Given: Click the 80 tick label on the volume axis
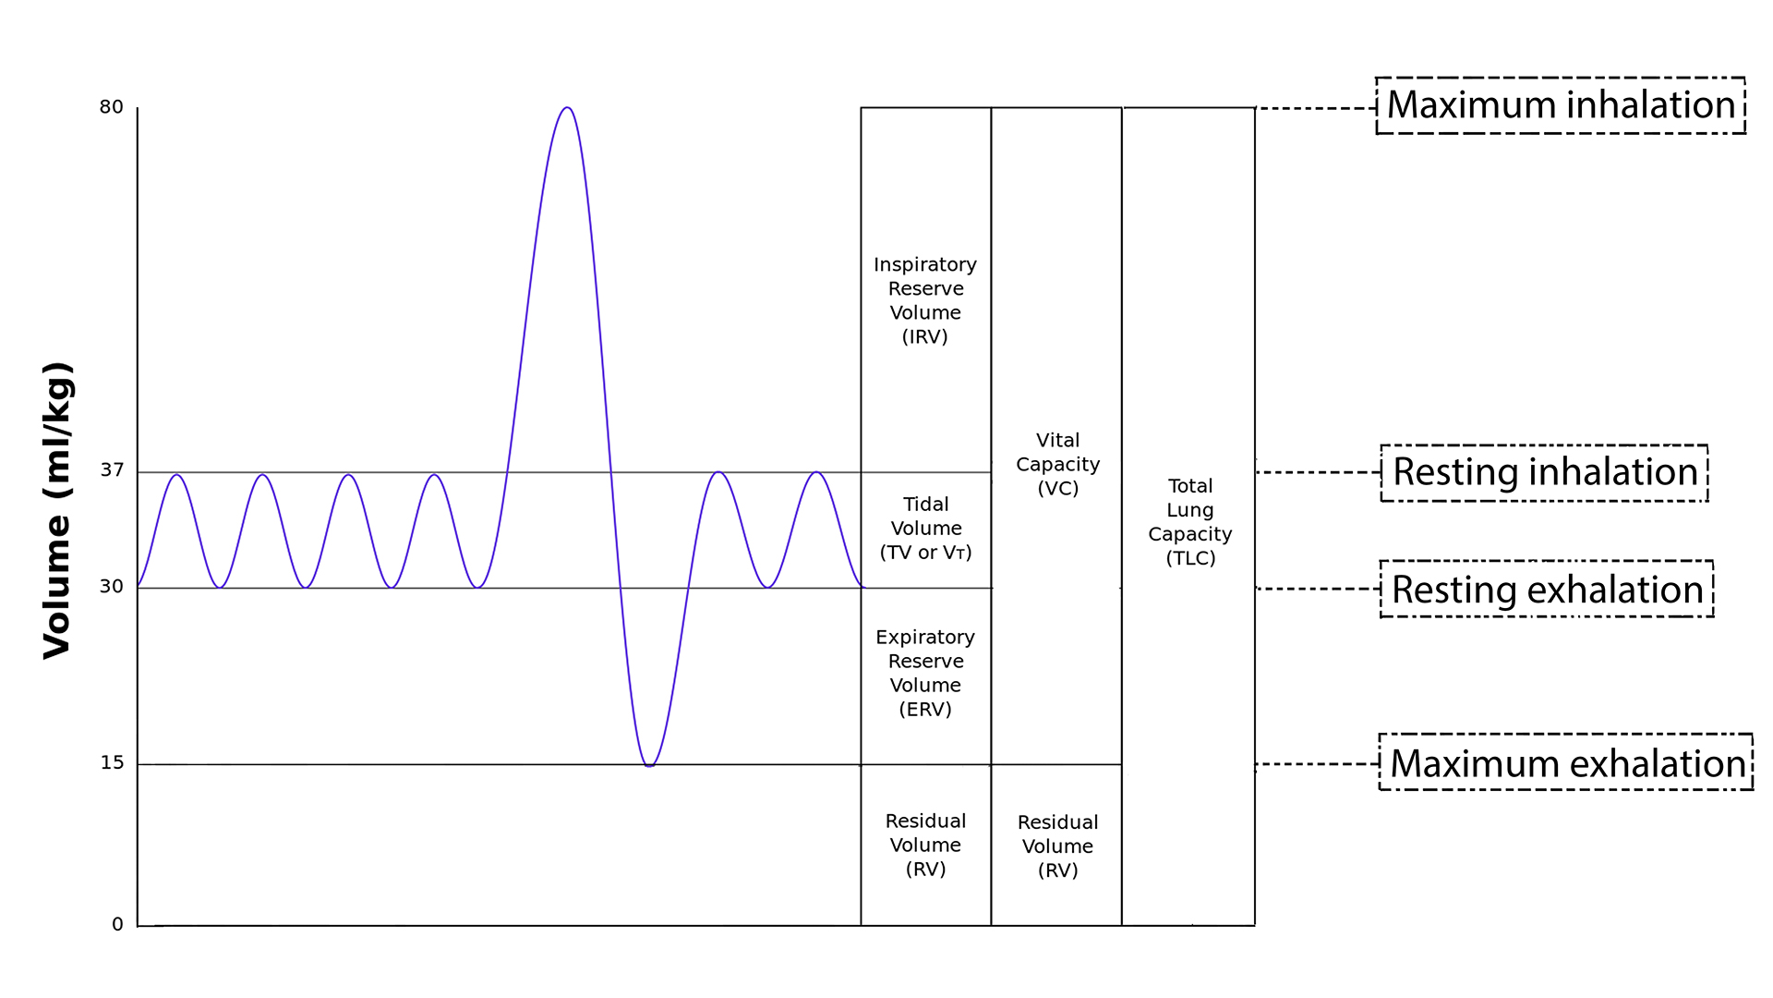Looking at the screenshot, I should tap(111, 107).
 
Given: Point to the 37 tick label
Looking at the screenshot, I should tap(112, 470).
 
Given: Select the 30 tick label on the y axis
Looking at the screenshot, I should tap(111, 587).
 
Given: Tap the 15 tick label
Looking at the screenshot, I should tap(112, 763).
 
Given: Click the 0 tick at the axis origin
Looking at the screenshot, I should tap(117, 924).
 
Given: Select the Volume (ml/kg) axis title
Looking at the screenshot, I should tap(57, 510).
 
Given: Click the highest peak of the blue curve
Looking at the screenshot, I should tap(567, 108).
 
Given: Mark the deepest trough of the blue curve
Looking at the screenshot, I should tap(649, 765).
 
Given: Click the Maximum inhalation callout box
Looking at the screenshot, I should tap(1560, 105).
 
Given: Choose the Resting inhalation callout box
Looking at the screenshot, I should tap(1544, 472).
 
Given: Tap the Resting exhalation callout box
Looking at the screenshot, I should tap(1547, 589).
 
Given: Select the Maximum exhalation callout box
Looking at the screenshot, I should tap(1566, 762).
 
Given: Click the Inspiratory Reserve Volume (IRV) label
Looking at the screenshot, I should tap(925, 300).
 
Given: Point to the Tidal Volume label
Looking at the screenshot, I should tap(925, 529).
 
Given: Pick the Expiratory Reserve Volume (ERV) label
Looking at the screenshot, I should tap(925, 673).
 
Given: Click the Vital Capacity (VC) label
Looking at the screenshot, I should tap(1057, 464).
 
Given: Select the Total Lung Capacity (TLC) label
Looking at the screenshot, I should tap(1189, 521).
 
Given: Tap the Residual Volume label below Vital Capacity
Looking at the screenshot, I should tap(1057, 846).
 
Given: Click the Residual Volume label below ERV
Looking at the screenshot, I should tap(925, 845).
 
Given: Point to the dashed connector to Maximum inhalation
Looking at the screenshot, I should tap(1315, 108).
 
